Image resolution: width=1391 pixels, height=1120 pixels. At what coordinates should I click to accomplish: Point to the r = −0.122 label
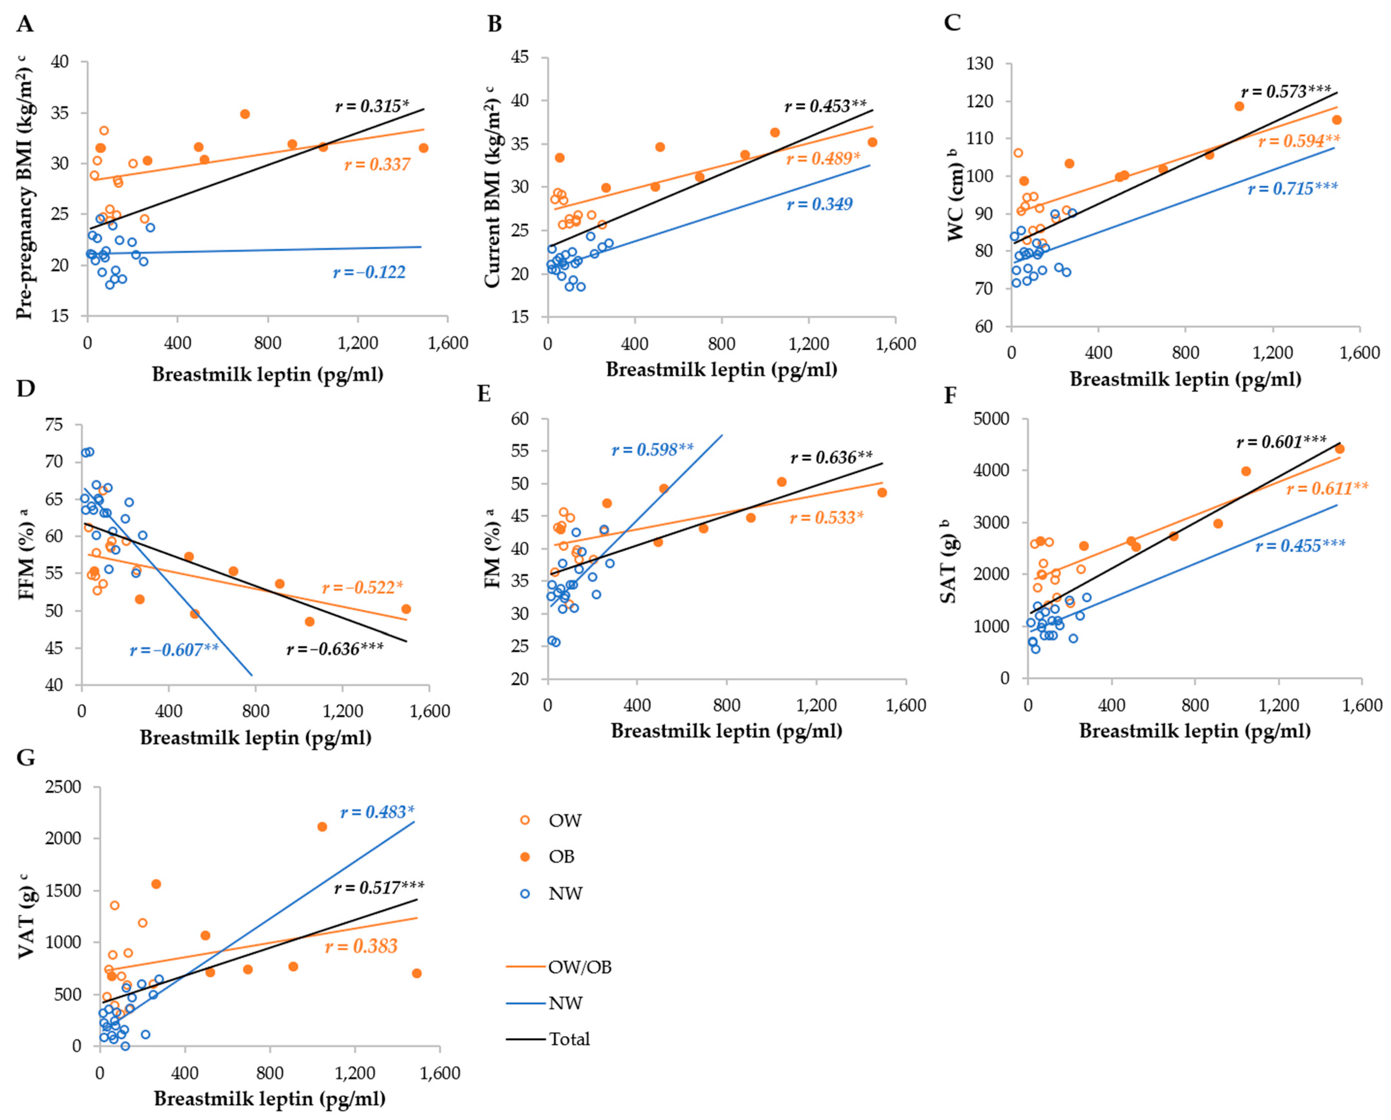tap(369, 272)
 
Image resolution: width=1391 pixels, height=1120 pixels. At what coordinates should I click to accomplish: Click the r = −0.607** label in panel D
tap(174, 649)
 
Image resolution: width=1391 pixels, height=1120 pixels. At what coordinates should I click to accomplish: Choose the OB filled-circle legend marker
tap(525, 857)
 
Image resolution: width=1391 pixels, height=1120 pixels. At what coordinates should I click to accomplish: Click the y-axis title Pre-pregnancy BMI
tap(25, 187)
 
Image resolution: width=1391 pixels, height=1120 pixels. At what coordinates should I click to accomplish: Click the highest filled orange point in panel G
tap(322, 826)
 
